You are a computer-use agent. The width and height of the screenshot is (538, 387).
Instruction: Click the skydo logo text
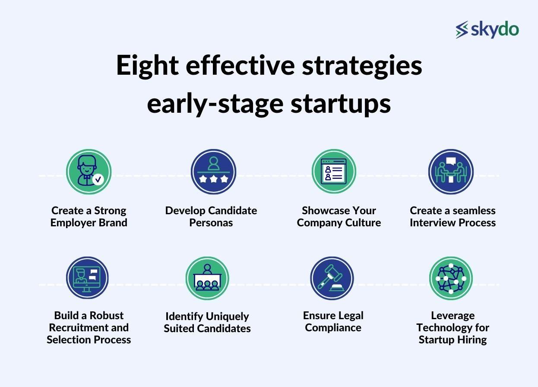point(494,29)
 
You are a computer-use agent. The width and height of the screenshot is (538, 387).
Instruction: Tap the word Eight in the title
point(147,66)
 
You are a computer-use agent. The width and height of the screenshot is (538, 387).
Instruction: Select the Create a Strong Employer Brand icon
point(89,172)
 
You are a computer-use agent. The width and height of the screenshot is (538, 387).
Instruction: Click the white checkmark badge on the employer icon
point(98,179)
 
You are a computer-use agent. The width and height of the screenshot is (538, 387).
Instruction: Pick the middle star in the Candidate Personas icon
point(213,179)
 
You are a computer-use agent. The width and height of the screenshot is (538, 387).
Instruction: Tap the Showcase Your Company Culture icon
point(334,172)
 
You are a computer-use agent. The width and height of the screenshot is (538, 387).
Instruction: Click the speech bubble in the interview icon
point(451,162)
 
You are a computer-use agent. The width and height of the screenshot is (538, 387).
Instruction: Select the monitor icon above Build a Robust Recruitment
point(87,278)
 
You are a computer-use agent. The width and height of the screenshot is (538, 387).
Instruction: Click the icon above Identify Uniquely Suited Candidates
point(207,279)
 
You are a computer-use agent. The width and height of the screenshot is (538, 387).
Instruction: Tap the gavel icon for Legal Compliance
point(332,279)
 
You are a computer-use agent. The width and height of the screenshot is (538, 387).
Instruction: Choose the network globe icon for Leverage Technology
point(451,279)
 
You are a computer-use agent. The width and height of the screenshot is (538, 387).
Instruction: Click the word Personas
point(211,223)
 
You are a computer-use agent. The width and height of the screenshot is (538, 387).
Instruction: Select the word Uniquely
point(228,317)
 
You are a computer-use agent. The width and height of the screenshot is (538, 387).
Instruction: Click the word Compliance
point(333,328)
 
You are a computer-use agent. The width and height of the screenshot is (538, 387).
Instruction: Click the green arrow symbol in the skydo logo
point(462,29)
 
